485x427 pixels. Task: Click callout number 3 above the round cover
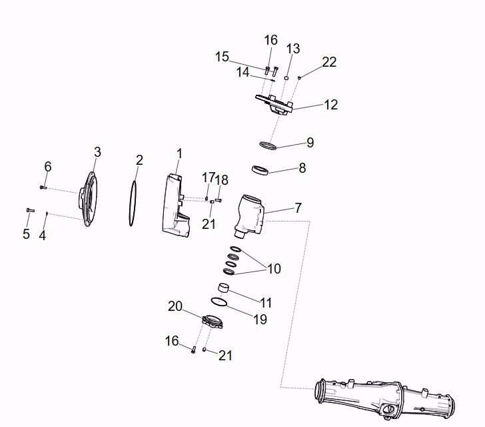tap(97, 152)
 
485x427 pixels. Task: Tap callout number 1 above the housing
tap(179, 154)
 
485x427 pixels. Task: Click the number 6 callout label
tap(48, 166)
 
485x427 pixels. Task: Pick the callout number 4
tap(43, 235)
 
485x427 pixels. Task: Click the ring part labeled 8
tap(261, 171)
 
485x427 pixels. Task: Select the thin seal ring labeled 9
tap(268, 145)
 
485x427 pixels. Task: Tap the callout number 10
tap(274, 269)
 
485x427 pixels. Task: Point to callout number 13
tap(293, 49)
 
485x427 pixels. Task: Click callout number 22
tap(329, 62)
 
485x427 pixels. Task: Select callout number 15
tap(222, 57)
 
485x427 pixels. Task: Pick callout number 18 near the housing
tap(222, 180)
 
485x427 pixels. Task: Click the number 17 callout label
tap(209, 177)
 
